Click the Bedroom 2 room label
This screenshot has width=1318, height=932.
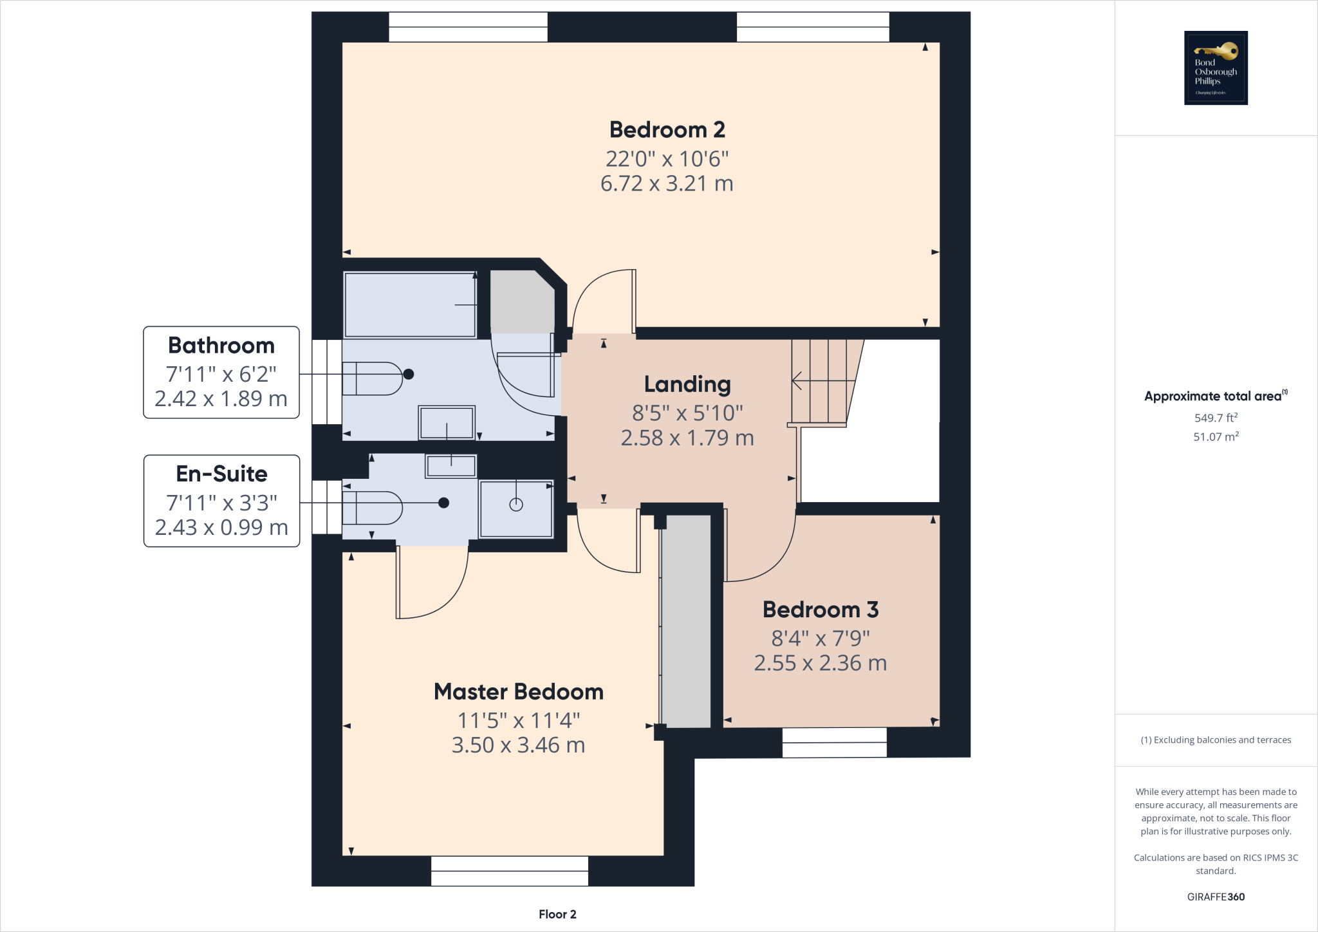pyautogui.click(x=667, y=130)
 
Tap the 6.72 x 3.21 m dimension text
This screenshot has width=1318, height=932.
pyautogui.click(x=667, y=184)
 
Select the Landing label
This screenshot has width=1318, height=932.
pyautogui.click(x=687, y=384)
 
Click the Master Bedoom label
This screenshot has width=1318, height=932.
pyautogui.click(x=519, y=692)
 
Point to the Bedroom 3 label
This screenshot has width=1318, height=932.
pyautogui.click(x=821, y=610)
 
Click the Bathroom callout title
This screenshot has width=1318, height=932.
pyautogui.click(x=221, y=346)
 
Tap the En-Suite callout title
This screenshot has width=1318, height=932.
pyautogui.click(x=221, y=474)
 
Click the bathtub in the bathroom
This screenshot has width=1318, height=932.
pyautogui.click(x=410, y=305)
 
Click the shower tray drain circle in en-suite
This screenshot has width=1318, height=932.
pyautogui.click(x=516, y=505)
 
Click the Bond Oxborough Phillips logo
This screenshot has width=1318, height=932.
pyautogui.click(x=1216, y=68)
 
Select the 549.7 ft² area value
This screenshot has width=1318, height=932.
pyautogui.click(x=1216, y=418)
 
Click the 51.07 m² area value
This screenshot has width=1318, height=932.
pyautogui.click(x=1216, y=437)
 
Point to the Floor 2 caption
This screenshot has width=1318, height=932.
pyautogui.click(x=557, y=915)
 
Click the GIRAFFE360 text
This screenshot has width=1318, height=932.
pyautogui.click(x=1216, y=897)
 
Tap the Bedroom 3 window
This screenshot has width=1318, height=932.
pyautogui.click(x=834, y=742)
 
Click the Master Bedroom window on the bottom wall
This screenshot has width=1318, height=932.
pyautogui.click(x=509, y=871)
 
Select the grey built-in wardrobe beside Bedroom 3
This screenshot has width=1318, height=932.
pyautogui.click(x=686, y=621)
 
